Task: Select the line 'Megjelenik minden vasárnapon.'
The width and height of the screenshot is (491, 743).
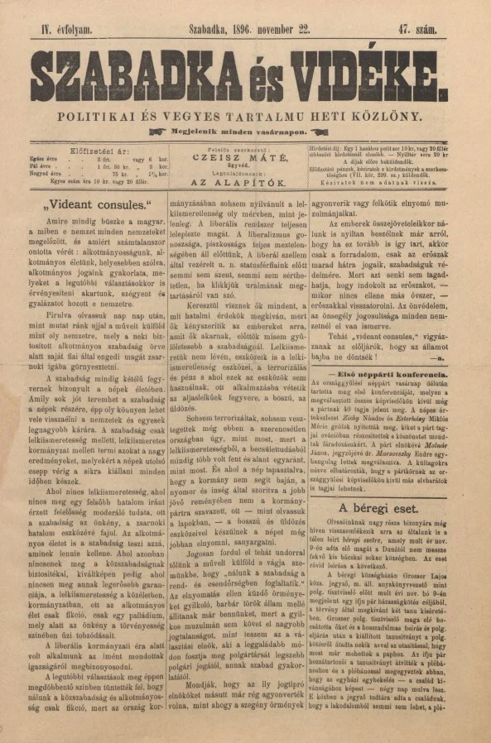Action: pos(245,132)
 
